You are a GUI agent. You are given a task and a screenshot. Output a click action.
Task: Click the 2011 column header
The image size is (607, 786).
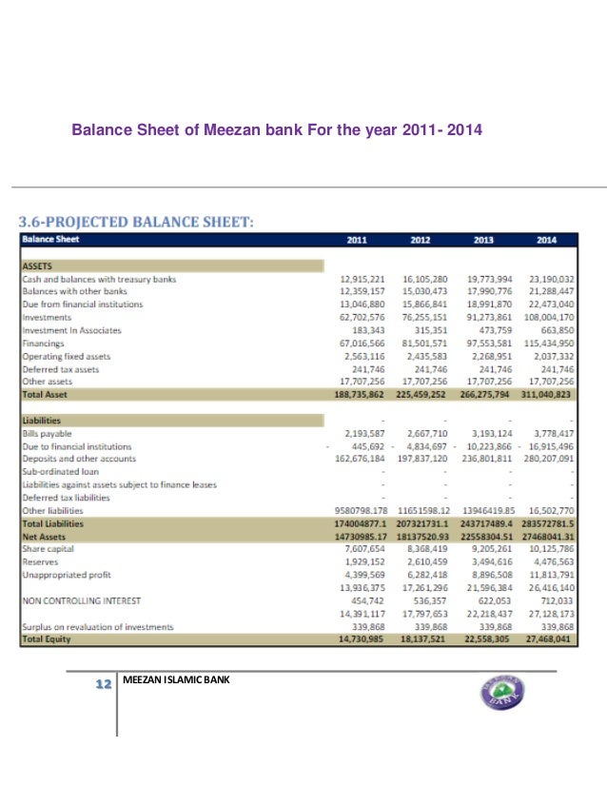358,240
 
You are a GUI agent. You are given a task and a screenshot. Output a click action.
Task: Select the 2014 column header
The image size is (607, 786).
545,240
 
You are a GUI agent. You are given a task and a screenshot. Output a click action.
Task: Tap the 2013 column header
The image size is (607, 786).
483,240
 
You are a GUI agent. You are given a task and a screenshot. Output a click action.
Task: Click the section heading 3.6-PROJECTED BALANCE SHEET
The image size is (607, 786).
137,222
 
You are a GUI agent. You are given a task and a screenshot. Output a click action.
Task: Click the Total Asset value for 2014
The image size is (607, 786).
544,393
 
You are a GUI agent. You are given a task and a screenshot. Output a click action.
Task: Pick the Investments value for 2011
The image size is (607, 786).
362,317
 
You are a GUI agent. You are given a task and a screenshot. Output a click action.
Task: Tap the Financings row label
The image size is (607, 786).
43,343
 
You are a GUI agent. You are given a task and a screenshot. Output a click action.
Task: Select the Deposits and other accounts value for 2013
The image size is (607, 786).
487,458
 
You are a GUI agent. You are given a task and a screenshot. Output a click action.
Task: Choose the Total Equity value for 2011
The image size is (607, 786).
362,639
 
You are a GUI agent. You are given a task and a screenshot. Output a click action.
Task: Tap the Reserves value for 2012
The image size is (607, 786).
426,561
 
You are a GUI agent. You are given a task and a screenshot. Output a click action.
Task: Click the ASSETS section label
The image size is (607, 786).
36,266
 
